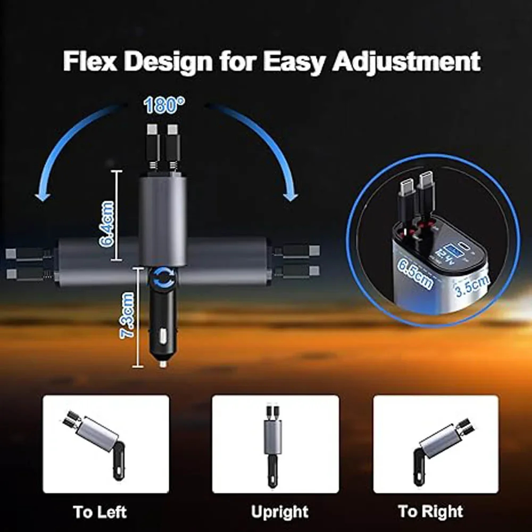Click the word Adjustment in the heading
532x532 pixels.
406,62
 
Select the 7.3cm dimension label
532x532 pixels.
128,317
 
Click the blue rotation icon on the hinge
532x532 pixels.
164,277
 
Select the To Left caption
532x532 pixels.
100,512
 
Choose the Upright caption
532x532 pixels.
279,512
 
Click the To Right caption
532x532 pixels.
430,512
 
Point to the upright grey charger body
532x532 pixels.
163,218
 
